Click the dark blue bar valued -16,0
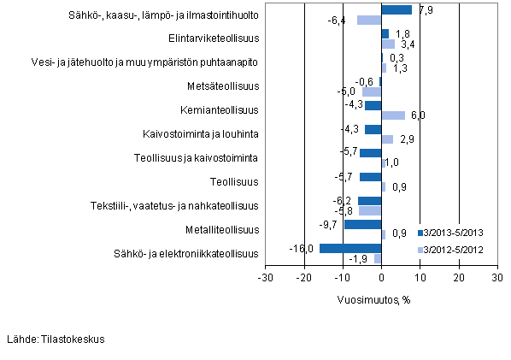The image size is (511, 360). (x=350, y=248)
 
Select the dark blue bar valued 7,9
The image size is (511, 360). (x=396, y=10)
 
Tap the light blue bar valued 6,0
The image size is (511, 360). (x=393, y=115)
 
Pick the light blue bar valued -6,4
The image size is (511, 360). (x=369, y=21)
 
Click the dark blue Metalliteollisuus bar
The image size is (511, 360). (x=362, y=224)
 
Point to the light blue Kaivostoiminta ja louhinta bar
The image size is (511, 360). (x=387, y=139)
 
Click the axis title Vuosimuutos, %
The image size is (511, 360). (x=381, y=299)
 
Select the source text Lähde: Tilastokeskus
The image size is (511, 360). (x=56, y=339)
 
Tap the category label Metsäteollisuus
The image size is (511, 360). (x=224, y=86)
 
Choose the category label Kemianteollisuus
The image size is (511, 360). (x=220, y=110)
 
